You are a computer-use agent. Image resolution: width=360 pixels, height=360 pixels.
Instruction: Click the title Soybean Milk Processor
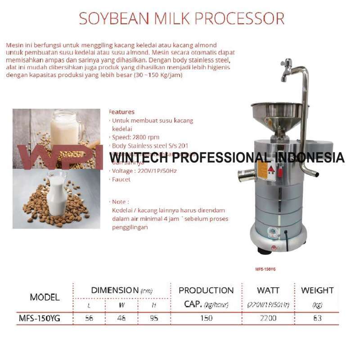(181, 18)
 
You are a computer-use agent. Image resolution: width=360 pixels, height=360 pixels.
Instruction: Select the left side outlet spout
(245, 175)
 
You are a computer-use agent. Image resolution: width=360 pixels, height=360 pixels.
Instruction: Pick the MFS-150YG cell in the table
(39, 318)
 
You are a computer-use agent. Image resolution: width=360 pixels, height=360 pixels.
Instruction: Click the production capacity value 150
(207, 318)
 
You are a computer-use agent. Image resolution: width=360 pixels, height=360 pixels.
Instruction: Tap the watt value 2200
(268, 318)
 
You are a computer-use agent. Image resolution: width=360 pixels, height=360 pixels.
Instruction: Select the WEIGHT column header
(317, 290)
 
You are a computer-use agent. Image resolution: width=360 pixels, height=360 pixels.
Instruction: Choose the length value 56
(89, 318)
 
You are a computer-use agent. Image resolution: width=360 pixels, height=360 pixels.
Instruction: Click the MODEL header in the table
(45, 297)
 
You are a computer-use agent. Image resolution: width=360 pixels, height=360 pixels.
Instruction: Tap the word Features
(121, 112)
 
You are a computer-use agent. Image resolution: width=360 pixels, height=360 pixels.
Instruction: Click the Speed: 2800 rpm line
(135, 137)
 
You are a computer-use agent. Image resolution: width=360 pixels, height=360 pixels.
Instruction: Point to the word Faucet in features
(121, 180)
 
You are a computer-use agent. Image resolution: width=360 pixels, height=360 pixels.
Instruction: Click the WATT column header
(268, 290)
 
